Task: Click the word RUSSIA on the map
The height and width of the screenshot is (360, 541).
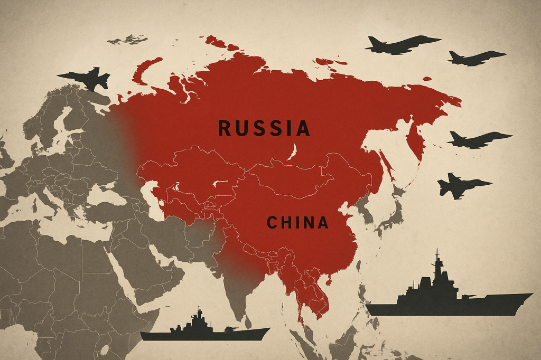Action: pos(264,128)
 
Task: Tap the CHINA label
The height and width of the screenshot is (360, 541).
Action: pos(297,222)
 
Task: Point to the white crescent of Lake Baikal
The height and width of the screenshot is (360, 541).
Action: pos(292,150)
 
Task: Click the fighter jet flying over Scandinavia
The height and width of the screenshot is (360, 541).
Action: pos(86,78)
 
